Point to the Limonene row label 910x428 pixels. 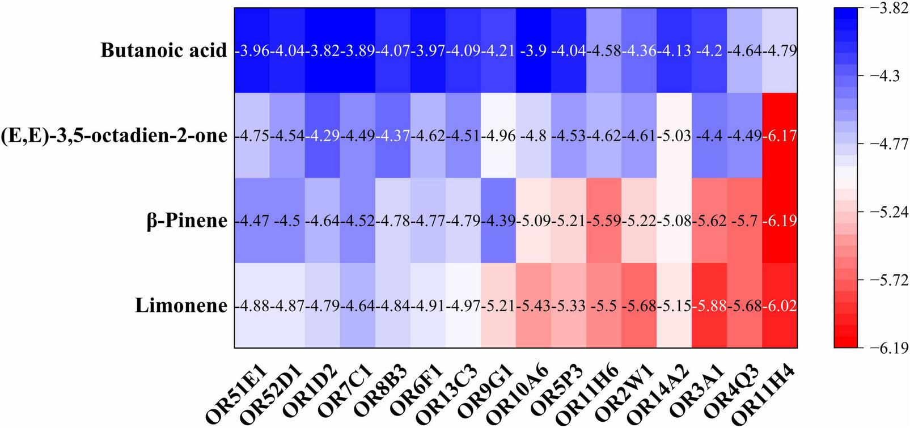click(x=181, y=306)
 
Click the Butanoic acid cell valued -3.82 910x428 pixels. click(x=323, y=50)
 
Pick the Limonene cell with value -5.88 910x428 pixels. click(x=710, y=306)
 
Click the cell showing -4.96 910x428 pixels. click(x=498, y=135)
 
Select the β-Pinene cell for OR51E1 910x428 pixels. click(x=252, y=221)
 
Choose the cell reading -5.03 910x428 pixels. click(x=675, y=135)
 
